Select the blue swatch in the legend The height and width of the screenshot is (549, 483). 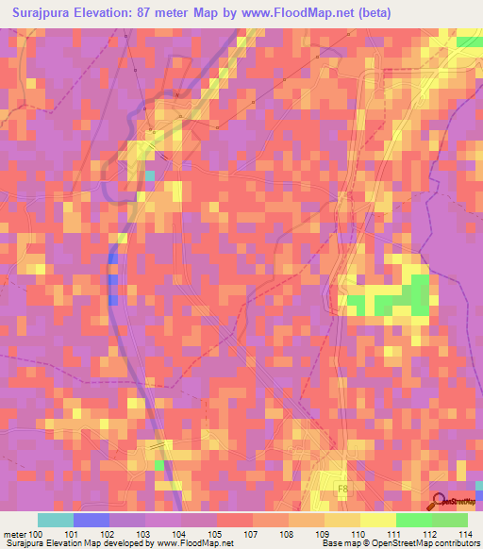tap(92, 520)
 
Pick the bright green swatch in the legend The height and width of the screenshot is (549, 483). tap(414, 520)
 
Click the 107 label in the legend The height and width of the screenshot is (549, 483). tap(253, 534)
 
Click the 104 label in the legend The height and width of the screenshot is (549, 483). tap(181, 534)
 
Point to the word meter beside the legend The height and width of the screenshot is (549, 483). tap(13, 534)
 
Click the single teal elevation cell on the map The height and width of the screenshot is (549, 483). tap(148, 175)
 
